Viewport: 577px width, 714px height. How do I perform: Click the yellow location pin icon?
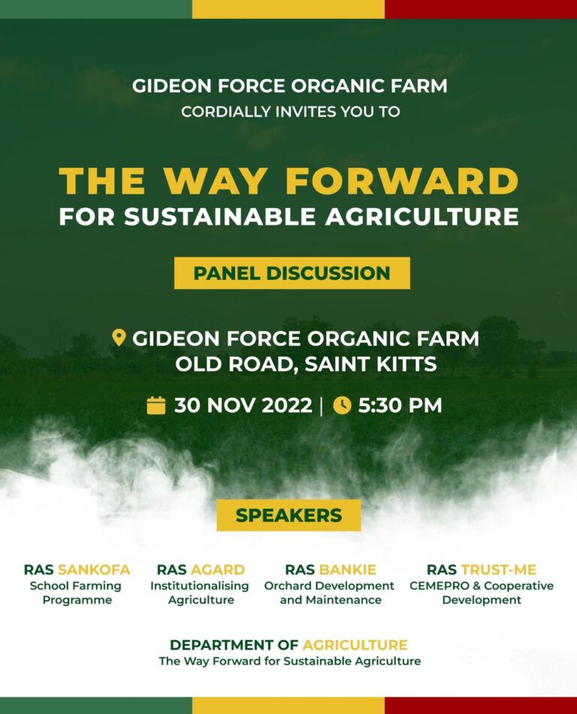[119, 338]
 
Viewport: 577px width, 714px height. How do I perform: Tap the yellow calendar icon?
[156, 405]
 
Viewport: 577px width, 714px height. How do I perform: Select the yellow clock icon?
[342, 405]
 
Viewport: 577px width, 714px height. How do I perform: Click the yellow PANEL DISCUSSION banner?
[292, 273]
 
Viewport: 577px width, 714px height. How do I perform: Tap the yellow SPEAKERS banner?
[288, 515]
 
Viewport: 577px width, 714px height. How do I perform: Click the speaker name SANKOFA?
[95, 570]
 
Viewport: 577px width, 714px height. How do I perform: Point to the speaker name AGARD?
[218, 570]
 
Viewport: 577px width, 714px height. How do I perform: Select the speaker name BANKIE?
[348, 570]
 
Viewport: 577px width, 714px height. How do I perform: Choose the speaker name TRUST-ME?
[499, 570]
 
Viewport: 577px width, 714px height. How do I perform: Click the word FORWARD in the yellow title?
[403, 181]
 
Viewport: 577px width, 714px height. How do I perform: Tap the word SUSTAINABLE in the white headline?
[220, 216]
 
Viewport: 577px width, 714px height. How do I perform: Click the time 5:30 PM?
[400, 405]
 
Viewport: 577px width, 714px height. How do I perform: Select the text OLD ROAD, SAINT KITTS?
[307, 364]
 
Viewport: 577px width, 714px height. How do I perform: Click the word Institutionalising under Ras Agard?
[200, 586]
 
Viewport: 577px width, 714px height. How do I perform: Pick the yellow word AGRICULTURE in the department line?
[355, 645]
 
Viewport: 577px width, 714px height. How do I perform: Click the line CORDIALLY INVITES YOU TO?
[290, 112]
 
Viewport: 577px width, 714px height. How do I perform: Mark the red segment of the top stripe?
[481, 9]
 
